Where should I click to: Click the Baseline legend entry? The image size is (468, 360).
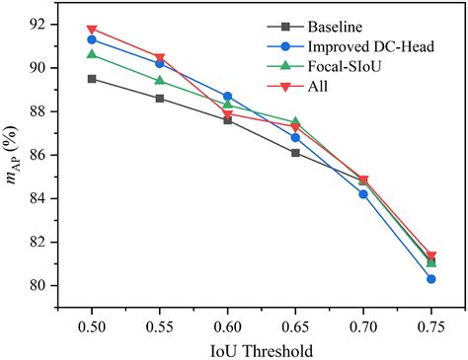click(x=333, y=27)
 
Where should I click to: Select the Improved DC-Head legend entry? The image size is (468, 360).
click(x=363, y=46)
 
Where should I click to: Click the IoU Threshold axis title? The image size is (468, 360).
click(x=262, y=350)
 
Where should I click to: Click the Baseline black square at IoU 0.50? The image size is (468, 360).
click(x=92, y=79)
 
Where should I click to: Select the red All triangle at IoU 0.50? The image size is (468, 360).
click(x=92, y=30)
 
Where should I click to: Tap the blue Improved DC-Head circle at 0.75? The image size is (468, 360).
click(x=432, y=279)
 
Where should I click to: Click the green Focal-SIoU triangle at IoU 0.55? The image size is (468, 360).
click(x=160, y=81)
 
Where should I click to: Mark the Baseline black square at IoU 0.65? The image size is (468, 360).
click(x=296, y=153)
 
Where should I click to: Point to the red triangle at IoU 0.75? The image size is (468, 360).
click(x=432, y=255)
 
